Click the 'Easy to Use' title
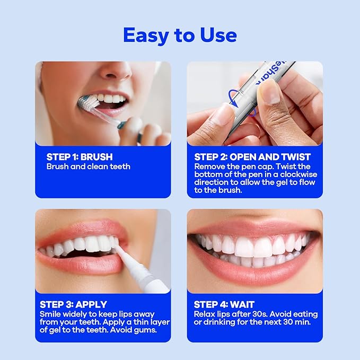point(180,35)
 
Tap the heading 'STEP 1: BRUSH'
point(80,157)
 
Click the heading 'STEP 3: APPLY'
point(73,304)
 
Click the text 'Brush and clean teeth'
point(88,166)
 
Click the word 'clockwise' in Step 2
point(294,181)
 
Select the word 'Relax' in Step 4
point(205,314)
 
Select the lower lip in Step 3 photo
point(80,265)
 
